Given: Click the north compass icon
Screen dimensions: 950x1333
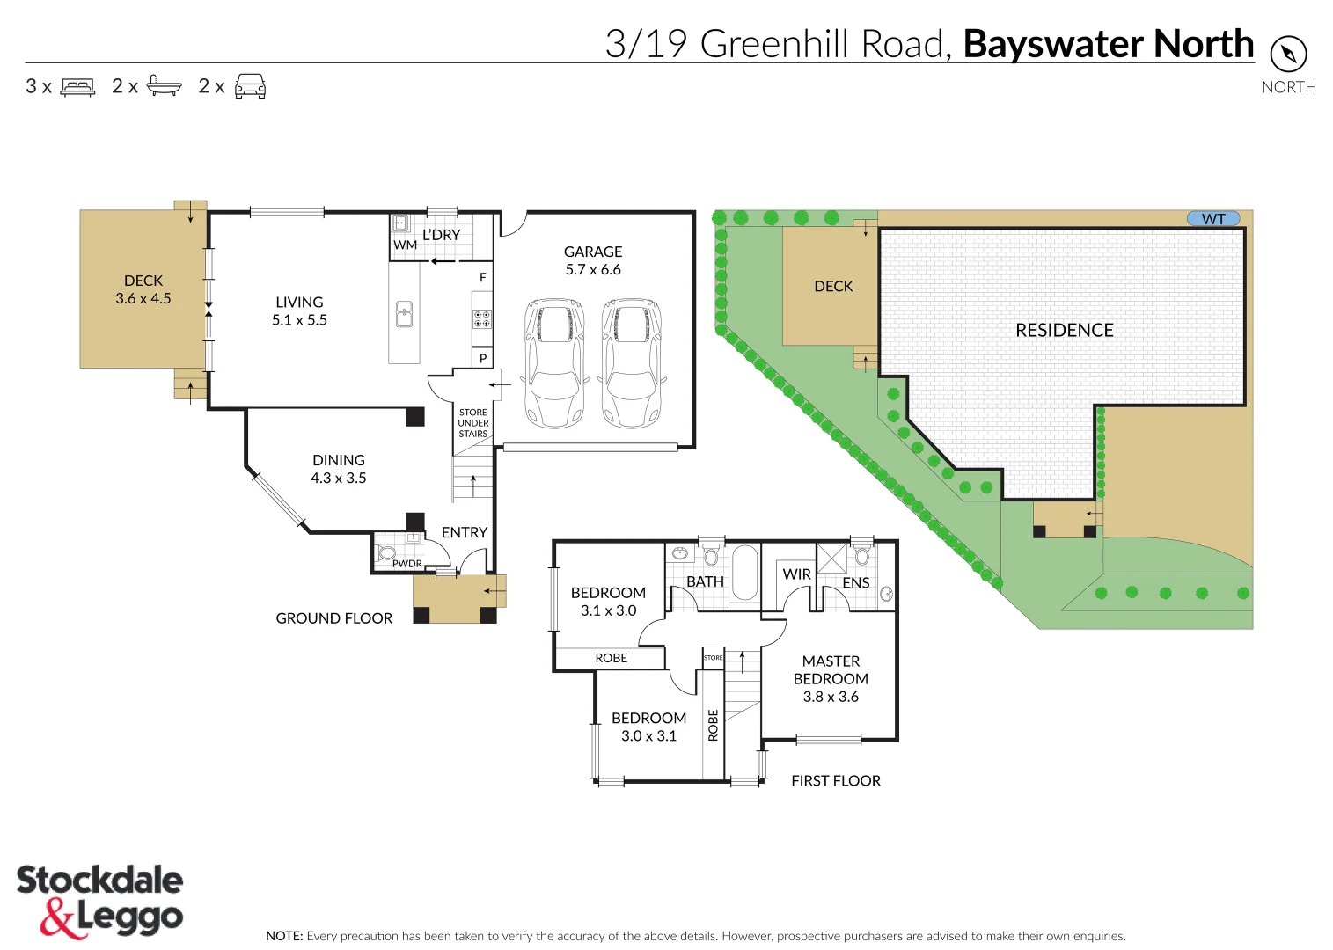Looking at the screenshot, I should pyautogui.click(x=1288, y=55).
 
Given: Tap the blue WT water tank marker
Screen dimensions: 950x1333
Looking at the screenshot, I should pyautogui.click(x=1213, y=219).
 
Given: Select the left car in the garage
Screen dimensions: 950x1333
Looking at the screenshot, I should pyautogui.click(x=554, y=362).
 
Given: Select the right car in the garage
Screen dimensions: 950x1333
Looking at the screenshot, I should pyautogui.click(x=632, y=362).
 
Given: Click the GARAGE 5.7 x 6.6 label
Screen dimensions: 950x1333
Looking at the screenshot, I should pyautogui.click(x=593, y=260).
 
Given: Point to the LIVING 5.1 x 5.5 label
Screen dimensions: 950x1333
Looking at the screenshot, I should pyautogui.click(x=299, y=311).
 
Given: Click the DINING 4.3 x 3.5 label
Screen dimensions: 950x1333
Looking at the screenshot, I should pyautogui.click(x=338, y=469).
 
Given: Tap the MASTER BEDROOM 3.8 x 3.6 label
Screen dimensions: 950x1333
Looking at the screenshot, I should pyautogui.click(x=831, y=678).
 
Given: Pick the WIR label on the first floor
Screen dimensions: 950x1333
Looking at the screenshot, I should pyautogui.click(x=796, y=574).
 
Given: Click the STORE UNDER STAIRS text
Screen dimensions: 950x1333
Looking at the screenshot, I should pyautogui.click(x=472, y=423).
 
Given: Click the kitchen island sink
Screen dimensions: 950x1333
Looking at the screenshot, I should pyautogui.click(x=404, y=313).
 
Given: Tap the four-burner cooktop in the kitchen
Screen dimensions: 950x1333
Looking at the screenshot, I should pyautogui.click(x=482, y=318).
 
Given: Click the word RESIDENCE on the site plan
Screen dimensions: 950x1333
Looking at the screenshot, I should pyautogui.click(x=1064, y=330).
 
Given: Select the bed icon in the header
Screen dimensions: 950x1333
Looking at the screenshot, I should pyautogui.click(x=77, y=86).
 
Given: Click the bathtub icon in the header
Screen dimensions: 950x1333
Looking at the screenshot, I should pyautogui.click(x=164, y=85).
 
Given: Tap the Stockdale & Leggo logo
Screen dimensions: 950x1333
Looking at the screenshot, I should pyautogui.click(x=99, y=901).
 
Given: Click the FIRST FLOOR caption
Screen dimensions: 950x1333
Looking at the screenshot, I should pyautogui.click(x=835, y=780).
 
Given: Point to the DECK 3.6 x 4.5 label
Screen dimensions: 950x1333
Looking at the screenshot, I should pyautogui.click(x=143, y=289).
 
